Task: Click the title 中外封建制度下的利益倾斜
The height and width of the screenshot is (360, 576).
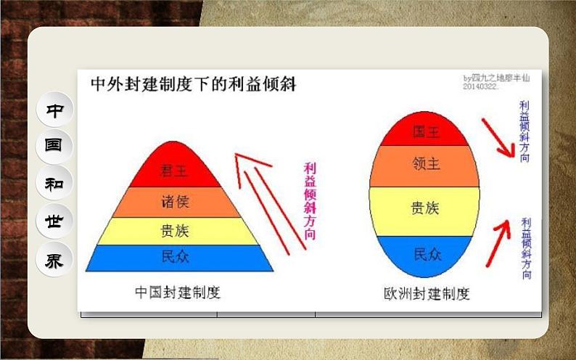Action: pos(192,84)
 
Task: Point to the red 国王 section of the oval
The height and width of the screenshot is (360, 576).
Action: pos(425,132)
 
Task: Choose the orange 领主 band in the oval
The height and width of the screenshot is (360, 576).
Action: pos(425,165)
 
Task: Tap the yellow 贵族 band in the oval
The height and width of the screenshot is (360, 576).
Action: pos(425,209)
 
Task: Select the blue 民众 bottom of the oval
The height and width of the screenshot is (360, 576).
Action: pos(425,253)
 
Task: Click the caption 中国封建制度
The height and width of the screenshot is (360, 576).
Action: pos(177,292)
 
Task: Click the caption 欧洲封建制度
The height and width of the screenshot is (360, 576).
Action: pos(427,294)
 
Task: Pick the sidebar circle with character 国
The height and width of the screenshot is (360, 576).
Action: pos(54,146)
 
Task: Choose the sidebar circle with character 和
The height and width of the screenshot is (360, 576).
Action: pos(54,183)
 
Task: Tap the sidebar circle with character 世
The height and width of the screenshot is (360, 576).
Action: pos(54,221)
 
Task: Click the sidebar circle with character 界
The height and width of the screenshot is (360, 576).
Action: pos(54,259)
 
